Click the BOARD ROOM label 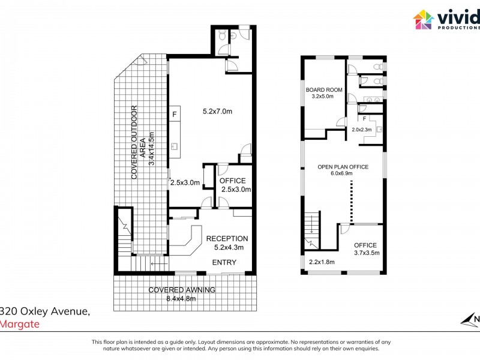point(324,90)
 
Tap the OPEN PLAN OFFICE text point(343,167)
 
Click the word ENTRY point(224,262)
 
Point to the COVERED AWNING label point(182,290)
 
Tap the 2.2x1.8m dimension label point(322,262)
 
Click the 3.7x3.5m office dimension point(365,253)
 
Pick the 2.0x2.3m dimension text point(362,130)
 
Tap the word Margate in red point(20,325)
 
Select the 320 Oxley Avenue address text point(46,311)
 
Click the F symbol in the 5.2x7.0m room point(175,114)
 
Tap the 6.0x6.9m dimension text point(343,173)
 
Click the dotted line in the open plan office point(352,201)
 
